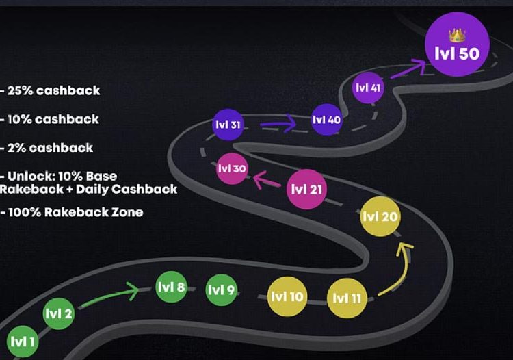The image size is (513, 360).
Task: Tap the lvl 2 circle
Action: (59, 314)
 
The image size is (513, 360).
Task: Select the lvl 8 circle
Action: (171, 287)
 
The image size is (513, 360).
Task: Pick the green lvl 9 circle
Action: (221, 290)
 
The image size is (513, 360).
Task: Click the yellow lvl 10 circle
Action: (287, 297)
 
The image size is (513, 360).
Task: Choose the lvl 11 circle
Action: (347, 298)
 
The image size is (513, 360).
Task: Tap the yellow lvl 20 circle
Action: (380, 217)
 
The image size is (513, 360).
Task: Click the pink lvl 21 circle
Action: (307, 190)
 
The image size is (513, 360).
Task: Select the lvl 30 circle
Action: (231, 168)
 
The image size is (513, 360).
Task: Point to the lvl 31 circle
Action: (227, 125)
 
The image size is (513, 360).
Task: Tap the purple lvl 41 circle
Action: (368, 88)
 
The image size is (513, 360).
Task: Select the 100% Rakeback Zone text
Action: (73, 212)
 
